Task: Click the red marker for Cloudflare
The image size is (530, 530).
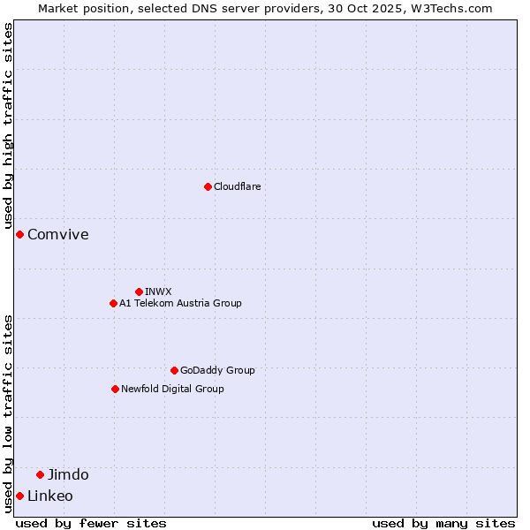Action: pos(208,186)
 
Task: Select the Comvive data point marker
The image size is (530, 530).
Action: pos(19,234)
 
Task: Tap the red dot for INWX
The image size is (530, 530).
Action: pos(139,291)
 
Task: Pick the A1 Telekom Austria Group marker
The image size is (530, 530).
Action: pos(113,303)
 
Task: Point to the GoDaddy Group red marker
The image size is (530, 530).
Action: pos(174,370)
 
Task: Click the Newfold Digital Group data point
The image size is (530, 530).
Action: pos(115,389)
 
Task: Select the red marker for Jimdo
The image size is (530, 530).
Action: pos(40,474)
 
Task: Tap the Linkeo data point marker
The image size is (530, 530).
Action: pos(19,496)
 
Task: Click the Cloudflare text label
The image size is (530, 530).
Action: pos(237,186)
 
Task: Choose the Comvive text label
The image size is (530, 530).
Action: pos(58,234)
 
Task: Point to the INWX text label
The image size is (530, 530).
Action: pos(158,291)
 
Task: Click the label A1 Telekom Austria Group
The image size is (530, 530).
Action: pos(180,303)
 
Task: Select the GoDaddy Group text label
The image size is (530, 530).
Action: pos(217,370)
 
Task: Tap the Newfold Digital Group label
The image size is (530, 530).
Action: pos(172,389)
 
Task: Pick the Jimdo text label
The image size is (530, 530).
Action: pos(68,474)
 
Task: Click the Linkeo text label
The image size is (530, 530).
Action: pos(50,496)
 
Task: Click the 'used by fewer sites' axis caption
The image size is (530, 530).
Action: pos(91,523)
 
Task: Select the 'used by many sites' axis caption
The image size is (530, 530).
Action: pos(443,523)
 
